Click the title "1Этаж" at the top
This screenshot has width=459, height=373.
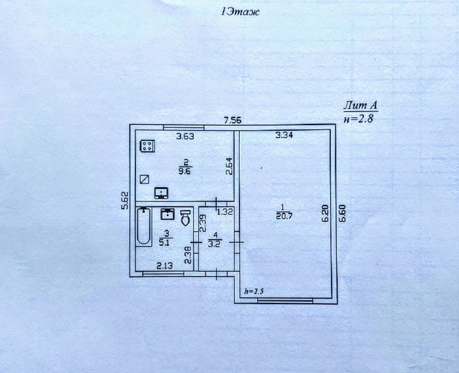pyautogui.click(x=240, y=12)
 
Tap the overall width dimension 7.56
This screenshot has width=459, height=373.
pyautogui.click(x=233, y=120)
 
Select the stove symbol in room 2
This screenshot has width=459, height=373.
pyautogui.click(x=147, y=146)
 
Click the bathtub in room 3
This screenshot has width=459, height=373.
pyautogui.click(x=144, y=227)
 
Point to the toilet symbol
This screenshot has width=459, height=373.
pyautogui.click(x=185, y=218)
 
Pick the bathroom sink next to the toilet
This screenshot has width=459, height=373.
pyautogui.click(x=168, y=213)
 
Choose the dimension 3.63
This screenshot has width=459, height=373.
pyautogui.click(x=186, y=137)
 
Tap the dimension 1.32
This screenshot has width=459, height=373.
pyautogui.click(x=225, y=211)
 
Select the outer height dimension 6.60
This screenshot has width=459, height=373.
pyautogui.click(x=342, y=213)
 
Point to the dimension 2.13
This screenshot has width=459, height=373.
pyautogui.click(x=165, y=265)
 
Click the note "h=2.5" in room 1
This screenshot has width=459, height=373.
pyautogui.click(x=253, y=291)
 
